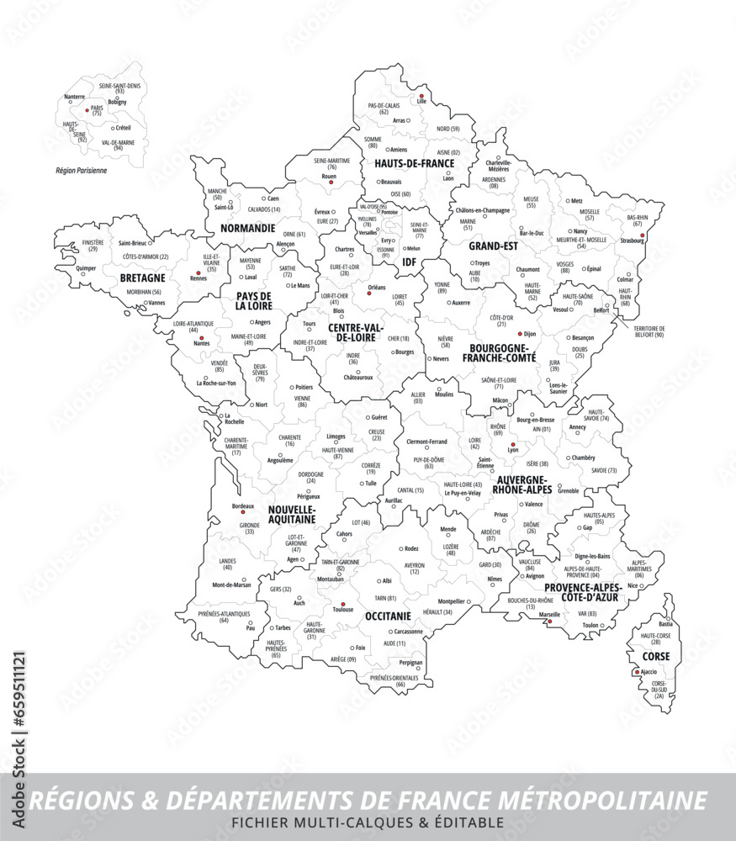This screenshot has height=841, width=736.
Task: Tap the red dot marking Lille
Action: (421, 97)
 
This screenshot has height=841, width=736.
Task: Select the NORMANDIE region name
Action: (247, 228)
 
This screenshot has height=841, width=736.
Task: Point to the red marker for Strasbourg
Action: (642, 235)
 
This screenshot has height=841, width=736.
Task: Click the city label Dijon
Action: (529, 334)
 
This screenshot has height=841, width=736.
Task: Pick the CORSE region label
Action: (656, 655)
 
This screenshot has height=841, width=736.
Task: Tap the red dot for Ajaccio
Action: (637, 672)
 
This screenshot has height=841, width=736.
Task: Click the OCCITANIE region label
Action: (388, 616)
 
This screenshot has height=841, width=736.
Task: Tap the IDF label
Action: (410, 262)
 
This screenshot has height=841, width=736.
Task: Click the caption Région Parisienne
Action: (82, 170)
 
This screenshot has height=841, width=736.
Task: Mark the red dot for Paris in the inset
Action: (87, 109)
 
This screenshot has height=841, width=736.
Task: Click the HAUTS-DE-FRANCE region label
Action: (414, 163)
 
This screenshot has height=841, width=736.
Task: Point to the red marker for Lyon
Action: (512, 444)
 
